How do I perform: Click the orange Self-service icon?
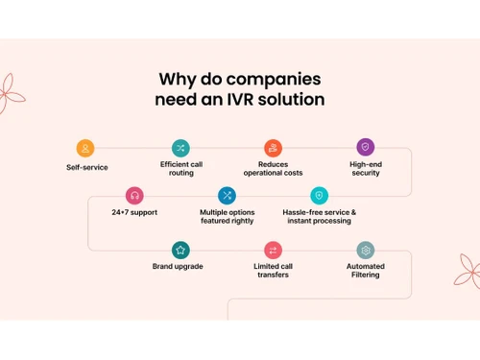(x=85, y=148)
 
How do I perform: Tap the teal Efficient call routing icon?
(x=180, y=148)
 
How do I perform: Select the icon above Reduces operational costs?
(x=273, y=148)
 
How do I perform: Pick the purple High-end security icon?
(x=365, y=147)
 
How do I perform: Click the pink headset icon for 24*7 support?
(x=134, y=196)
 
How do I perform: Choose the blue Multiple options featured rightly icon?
(x=227, y=196)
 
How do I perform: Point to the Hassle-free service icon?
(x=319, y=196)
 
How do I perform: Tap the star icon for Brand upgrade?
(x=180, y=250)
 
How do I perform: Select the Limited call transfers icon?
(x=273, y=250)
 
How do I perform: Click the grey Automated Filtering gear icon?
(x=365, y=250)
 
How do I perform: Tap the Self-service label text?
(x=87, y=167)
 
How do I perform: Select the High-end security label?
(x=365, y=168)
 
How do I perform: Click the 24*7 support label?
(x=134, y=212)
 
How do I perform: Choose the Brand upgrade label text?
(x=178, y=266)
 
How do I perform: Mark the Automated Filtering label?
(x=365, y=270)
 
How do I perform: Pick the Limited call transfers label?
(x=273, y=270)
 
